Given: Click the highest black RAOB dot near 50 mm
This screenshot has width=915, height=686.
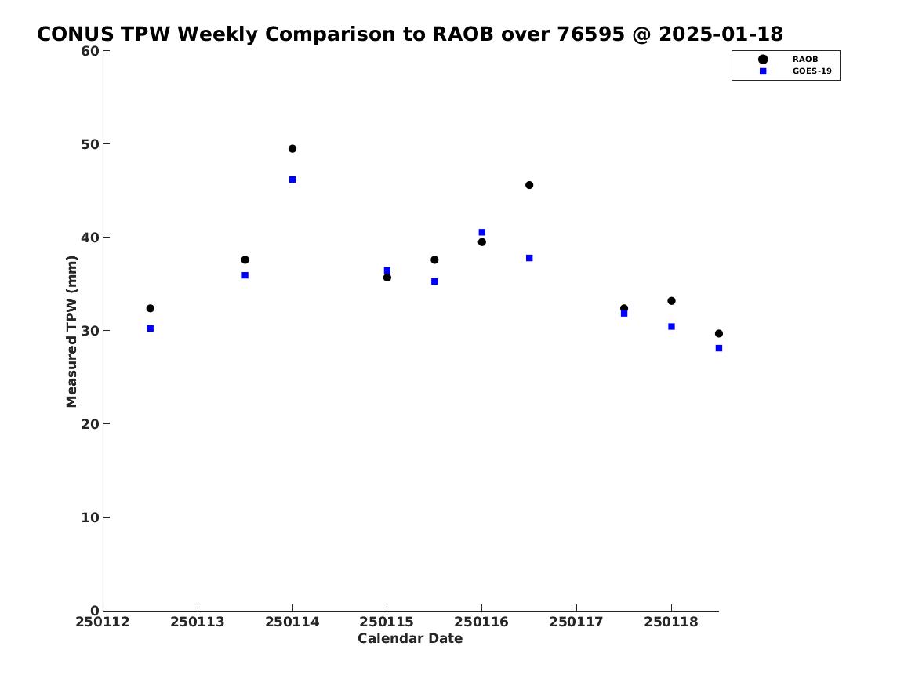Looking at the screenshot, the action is (292, 149).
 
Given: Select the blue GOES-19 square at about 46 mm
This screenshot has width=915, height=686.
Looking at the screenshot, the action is (292, 180).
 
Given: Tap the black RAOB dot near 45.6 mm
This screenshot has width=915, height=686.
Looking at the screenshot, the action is (529, 185).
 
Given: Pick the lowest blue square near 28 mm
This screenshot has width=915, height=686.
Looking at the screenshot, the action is (719, 348).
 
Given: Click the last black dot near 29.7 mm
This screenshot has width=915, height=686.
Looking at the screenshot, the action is (719, 334).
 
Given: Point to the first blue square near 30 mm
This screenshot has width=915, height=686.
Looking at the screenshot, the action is (150, 328).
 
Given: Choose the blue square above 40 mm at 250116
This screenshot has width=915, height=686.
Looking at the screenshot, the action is (482, 232).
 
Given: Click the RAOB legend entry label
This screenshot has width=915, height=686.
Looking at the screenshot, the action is (805, 59).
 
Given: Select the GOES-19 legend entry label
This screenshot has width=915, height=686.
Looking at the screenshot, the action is (812, 71).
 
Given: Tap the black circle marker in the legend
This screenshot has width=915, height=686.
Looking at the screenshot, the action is (763, 59).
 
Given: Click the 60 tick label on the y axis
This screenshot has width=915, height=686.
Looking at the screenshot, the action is (90, 51).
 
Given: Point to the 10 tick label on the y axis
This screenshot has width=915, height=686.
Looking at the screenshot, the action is (90, 517).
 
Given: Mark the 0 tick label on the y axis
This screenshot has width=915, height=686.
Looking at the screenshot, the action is (95, 611).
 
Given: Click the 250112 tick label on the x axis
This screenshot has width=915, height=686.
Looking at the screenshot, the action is (102, 622).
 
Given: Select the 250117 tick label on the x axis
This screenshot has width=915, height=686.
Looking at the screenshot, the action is (576, 622).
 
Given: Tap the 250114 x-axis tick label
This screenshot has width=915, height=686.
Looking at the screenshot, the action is (292, 622).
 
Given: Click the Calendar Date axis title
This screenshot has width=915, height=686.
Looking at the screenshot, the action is (410, 639).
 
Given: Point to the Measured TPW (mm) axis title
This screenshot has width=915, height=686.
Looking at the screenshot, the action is (71, 332).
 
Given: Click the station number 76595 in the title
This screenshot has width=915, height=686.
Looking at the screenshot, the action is (590, 34).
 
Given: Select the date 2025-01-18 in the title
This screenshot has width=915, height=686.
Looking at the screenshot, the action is (721, 34).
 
